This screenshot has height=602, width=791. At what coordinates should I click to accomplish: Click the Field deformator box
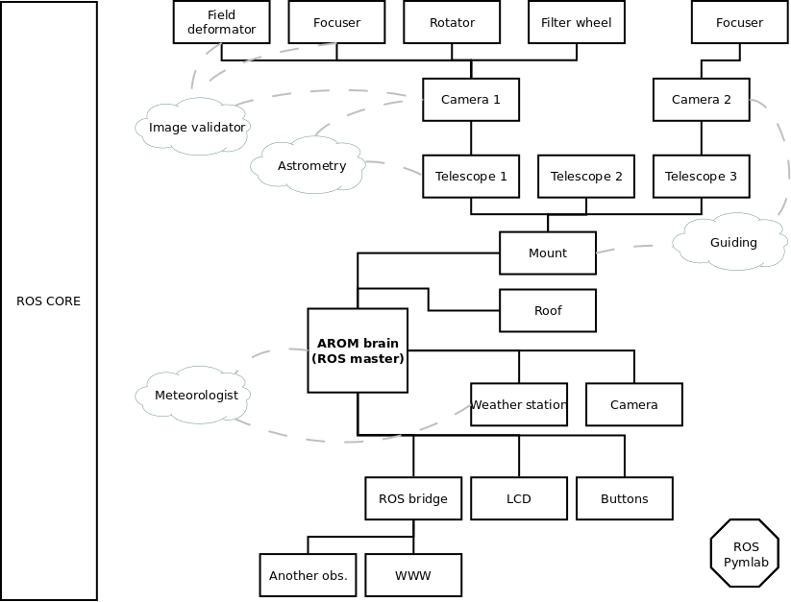(x=221, y=23)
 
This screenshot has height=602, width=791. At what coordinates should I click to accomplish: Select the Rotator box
(x=452, y=23)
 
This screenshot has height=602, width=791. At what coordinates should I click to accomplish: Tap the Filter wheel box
(x=576, y=23)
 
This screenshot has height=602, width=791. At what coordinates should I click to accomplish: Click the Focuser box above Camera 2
(x=739, y=23)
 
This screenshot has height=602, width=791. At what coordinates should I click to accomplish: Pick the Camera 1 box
(x=471, y=100)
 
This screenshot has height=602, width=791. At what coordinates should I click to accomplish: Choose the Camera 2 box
(x=701, y=100)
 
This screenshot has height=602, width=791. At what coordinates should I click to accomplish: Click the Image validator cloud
(x=197, y=127)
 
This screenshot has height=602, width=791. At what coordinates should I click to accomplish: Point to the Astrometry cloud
(x=310, y=166)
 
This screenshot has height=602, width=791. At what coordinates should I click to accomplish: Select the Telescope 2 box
(x=585, y=177)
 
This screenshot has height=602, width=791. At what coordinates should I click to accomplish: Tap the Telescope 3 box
(x=701, y=177)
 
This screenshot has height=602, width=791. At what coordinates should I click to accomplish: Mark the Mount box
(x=547, y=253)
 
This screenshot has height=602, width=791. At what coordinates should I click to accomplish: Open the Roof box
(x=547, y=311)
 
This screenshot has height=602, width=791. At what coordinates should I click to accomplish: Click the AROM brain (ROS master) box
(x=358, y=350)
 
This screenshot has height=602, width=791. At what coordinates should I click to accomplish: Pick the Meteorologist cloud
(x=196, y=395)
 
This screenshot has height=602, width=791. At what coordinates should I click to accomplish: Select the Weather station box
(x=518, y=405)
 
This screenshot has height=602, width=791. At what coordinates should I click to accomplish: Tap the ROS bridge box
(x=412, y=499)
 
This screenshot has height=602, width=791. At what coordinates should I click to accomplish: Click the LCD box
(x=518, y=499)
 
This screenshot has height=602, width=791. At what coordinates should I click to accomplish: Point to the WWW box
(x=412, y=576)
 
